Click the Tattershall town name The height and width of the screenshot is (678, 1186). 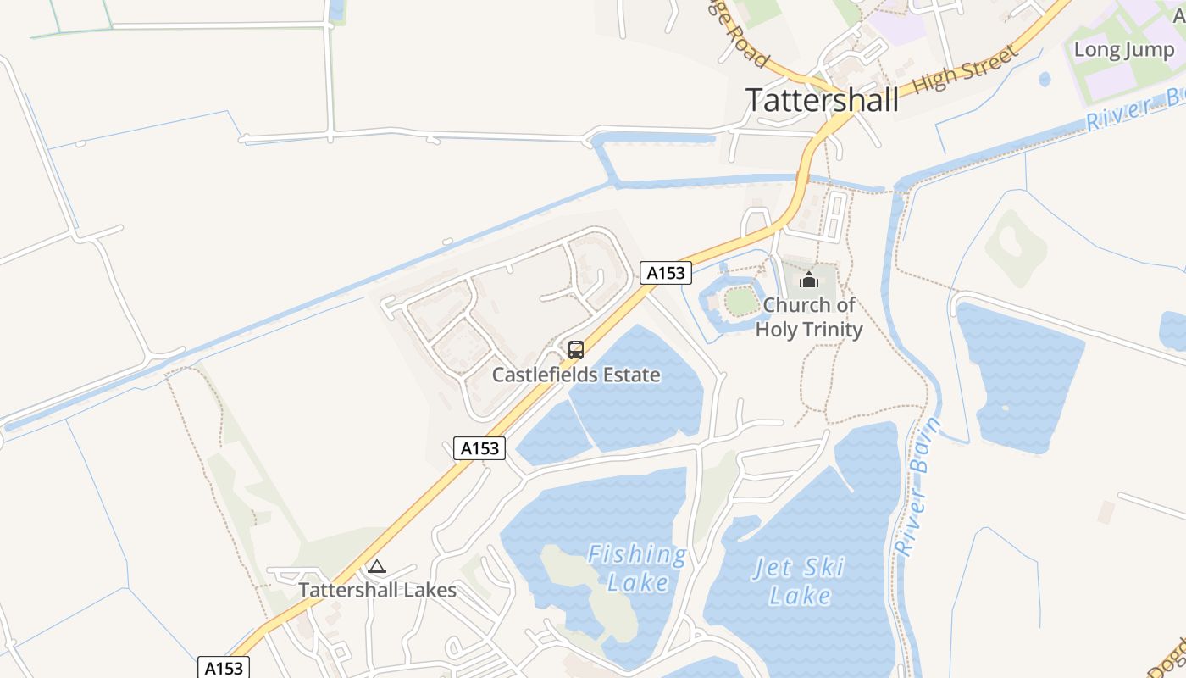pyautogui.click(x=822, y=100)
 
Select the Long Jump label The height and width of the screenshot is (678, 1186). pyautogui.click(x=1123, y=50)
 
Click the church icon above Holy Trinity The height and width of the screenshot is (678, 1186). pyautogui.click(x=809, y=279)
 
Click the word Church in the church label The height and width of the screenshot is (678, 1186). pyautogui.click(x=795, y=305)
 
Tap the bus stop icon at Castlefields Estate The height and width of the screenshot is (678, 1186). pyautogui.click(x=576, y=349)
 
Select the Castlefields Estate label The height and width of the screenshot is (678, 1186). pyautogui.click(x=576, y=375)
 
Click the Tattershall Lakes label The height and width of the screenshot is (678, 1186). pyautogui.click(x=377, y=591)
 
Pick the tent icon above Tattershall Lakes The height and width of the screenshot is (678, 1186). pyautogui.click(x=377, y=566)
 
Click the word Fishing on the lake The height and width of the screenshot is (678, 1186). pyautogui.click(x=637, y=556)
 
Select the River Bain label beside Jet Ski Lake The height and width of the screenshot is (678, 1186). pyautogui.click(x=917, y=486)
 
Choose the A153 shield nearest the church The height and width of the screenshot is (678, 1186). pyautogui.click(x=665, y=273)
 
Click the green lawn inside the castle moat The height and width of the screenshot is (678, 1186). pyautogui.click(x=741, y=301)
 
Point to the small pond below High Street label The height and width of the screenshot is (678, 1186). pyautogui.click(x=1045, y=80)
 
